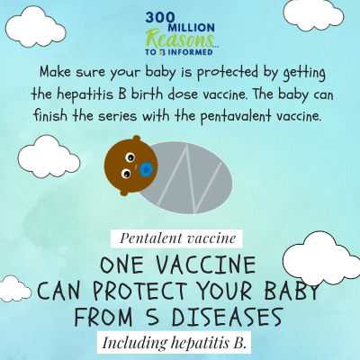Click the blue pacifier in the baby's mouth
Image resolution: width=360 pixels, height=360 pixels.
146,169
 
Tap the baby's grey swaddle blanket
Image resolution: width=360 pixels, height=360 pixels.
189,177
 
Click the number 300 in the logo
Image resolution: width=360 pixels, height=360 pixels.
160,17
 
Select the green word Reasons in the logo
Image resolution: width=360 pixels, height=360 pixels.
180,40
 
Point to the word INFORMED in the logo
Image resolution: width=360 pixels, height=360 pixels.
190,52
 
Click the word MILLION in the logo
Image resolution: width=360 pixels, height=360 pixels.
192,28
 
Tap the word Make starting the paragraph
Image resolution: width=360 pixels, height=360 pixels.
55,72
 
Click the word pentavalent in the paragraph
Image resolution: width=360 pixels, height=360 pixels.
236,116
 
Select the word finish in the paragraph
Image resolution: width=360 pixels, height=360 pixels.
50,115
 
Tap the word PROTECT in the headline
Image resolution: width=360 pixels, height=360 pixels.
139,291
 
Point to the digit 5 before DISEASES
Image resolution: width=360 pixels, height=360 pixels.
153,317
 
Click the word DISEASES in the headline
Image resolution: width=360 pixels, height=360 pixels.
227,317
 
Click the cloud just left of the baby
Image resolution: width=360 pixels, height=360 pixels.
49,157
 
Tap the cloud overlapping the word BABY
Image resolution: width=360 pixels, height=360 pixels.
321,259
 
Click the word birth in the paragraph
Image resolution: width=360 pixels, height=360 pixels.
147,94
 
